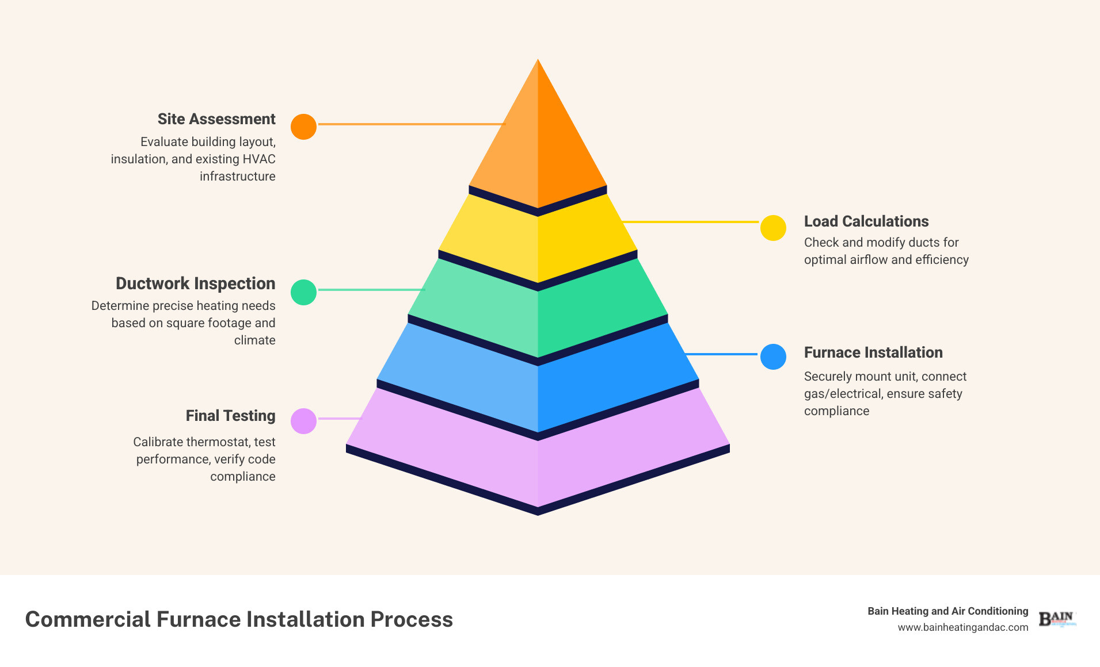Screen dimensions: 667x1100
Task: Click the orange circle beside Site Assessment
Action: tap(303, 126)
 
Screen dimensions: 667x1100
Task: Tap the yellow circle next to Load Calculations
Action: tap(773, 228)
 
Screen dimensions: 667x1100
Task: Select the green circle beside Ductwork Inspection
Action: tap(303, 292)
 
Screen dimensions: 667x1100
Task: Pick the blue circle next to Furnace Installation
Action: tap(773, 356)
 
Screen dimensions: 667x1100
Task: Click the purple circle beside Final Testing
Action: tap(303, 421)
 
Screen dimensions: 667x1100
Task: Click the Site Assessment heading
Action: tap(216, 119)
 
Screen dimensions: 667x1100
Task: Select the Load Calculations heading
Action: tap(866, 221)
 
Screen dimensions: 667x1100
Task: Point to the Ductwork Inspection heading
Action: tap(195, 283)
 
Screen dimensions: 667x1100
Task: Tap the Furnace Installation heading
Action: tap(873, 352)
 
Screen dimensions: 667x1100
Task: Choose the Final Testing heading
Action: tap(230, 416)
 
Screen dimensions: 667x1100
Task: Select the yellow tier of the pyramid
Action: tap(538, 241)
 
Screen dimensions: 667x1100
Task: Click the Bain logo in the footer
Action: tap(1056, 619)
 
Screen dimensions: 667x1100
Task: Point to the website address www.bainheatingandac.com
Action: tap(962, 627)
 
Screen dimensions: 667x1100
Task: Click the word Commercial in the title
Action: tap(87, 619)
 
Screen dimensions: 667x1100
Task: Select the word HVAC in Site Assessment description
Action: tap(259, 159)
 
